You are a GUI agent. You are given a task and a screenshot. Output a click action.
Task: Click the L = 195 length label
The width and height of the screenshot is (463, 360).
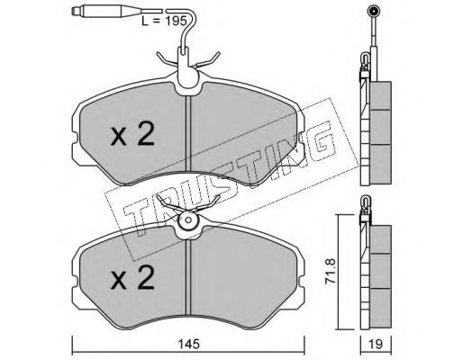click(164, 22)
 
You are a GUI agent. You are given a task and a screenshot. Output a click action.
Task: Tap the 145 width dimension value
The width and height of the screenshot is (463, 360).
click(188, 344)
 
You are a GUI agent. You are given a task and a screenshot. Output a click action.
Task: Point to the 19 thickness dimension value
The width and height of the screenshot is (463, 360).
click(376, 344)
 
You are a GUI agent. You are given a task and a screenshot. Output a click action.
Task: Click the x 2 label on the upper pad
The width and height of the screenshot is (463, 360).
click(132, 134)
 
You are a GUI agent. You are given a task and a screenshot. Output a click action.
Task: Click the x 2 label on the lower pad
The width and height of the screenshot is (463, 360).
click(132, 278)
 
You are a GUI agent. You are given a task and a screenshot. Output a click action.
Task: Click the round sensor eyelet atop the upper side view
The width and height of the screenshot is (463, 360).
click(374, 12)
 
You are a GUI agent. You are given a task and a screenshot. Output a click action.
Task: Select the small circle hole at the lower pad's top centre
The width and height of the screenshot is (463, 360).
click(188, 220)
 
